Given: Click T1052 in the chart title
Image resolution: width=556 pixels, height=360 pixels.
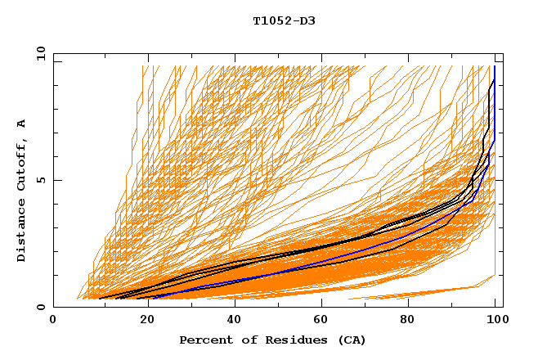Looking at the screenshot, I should [x=269, y=20].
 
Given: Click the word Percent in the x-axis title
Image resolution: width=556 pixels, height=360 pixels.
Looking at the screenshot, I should [x=202, y=340].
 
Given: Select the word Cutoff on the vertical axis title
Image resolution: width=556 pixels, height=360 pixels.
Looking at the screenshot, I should [x=21, y=167].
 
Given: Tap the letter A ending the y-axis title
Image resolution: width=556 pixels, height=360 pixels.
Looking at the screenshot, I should [x=21, y=123].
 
